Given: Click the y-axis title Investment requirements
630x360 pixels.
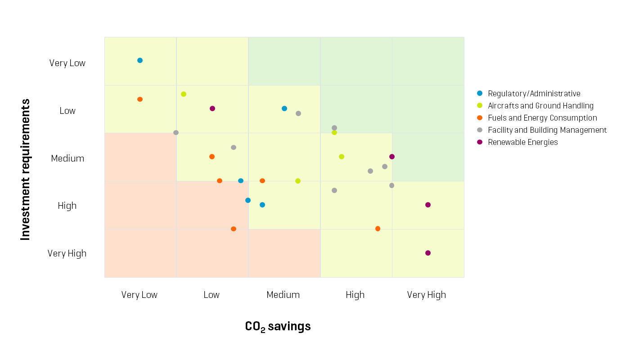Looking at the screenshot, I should click(x=26, y=170).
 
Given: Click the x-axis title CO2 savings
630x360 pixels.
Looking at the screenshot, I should click(x=278, y=326).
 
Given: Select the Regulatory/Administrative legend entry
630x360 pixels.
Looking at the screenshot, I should click(x=534, y=94).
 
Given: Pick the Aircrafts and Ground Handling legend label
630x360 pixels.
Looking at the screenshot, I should click(x=540, y=106).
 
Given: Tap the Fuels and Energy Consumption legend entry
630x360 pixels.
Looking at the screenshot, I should click(x=542, y=118).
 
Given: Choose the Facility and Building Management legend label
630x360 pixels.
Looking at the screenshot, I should click(x=547, y=130).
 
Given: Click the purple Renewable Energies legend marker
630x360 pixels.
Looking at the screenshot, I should click(x=480, y=142).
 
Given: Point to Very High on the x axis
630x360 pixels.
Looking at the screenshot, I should click(x=426, y=295).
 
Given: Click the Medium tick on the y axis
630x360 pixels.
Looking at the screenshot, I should click(x=67, y=158).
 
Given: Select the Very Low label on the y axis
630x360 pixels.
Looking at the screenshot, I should click(x=67, y=63).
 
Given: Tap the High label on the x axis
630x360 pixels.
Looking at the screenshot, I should click(x=355, y=295).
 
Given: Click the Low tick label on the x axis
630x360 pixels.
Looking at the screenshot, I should click(x=211, y=295).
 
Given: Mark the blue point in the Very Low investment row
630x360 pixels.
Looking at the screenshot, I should click(x=140, y=60).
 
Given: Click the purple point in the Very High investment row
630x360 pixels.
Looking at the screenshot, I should click(x=428, y=253).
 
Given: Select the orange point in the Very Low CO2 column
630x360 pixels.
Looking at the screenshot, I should click(x=140, y=99).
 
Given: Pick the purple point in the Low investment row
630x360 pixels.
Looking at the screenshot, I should click(x=212, y=108).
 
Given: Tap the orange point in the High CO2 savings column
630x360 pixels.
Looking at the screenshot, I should click(x=378, y=229).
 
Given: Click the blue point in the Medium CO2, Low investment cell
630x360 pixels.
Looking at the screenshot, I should click(x=284, y=108).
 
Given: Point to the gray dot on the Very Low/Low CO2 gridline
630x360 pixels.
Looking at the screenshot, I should click(x=176, y=133).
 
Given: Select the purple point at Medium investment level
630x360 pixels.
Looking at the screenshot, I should click(x=392, y=157).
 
